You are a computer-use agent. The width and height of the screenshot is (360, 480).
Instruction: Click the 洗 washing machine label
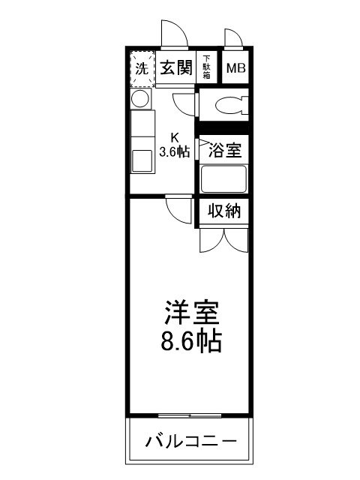tap(141, 67)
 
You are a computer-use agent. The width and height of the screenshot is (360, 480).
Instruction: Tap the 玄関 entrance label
tap(176, 67)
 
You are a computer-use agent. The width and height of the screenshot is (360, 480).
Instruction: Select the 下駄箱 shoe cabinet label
tap(207, 67)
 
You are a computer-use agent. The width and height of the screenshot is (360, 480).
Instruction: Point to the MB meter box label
tap(235, 68)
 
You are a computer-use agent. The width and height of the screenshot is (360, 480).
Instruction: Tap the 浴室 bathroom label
tap(224, 148)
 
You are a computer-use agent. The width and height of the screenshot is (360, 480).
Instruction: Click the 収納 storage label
tap(224, 211)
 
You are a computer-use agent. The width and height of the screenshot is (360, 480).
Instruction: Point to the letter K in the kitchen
tap(174, 137)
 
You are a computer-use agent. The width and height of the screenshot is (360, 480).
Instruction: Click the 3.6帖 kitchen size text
tap(174, 151)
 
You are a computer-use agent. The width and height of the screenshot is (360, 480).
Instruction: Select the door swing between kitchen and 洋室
tap(178, 208)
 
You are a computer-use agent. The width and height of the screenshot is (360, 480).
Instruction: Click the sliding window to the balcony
tap(190, 414)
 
